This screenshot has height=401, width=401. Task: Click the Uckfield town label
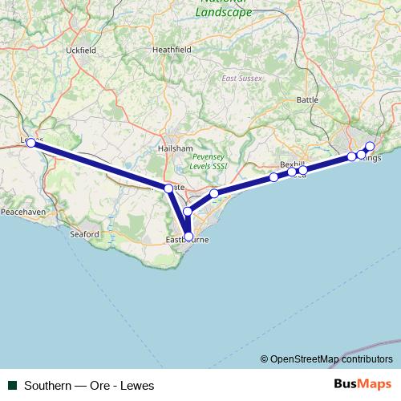[x=81, y=50]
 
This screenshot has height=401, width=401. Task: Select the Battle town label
[x=307, y=99]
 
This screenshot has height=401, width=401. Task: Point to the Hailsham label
[x=175, y=148]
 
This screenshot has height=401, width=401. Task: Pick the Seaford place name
[x=84, y=233]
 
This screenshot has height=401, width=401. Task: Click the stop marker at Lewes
[x=30, y=143]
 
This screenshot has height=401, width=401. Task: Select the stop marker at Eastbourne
[x=188, y=237]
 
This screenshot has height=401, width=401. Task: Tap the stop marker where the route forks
[x=168, y=188]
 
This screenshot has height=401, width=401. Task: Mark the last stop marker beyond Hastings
[x=370, y=146]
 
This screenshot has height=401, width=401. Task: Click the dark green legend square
[x=13, y=385]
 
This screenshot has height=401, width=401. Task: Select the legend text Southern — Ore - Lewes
[x=89, y=385]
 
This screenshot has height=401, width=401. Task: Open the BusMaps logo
[x=363, y=384]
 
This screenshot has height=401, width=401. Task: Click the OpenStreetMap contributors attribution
[x=326, y=359]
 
